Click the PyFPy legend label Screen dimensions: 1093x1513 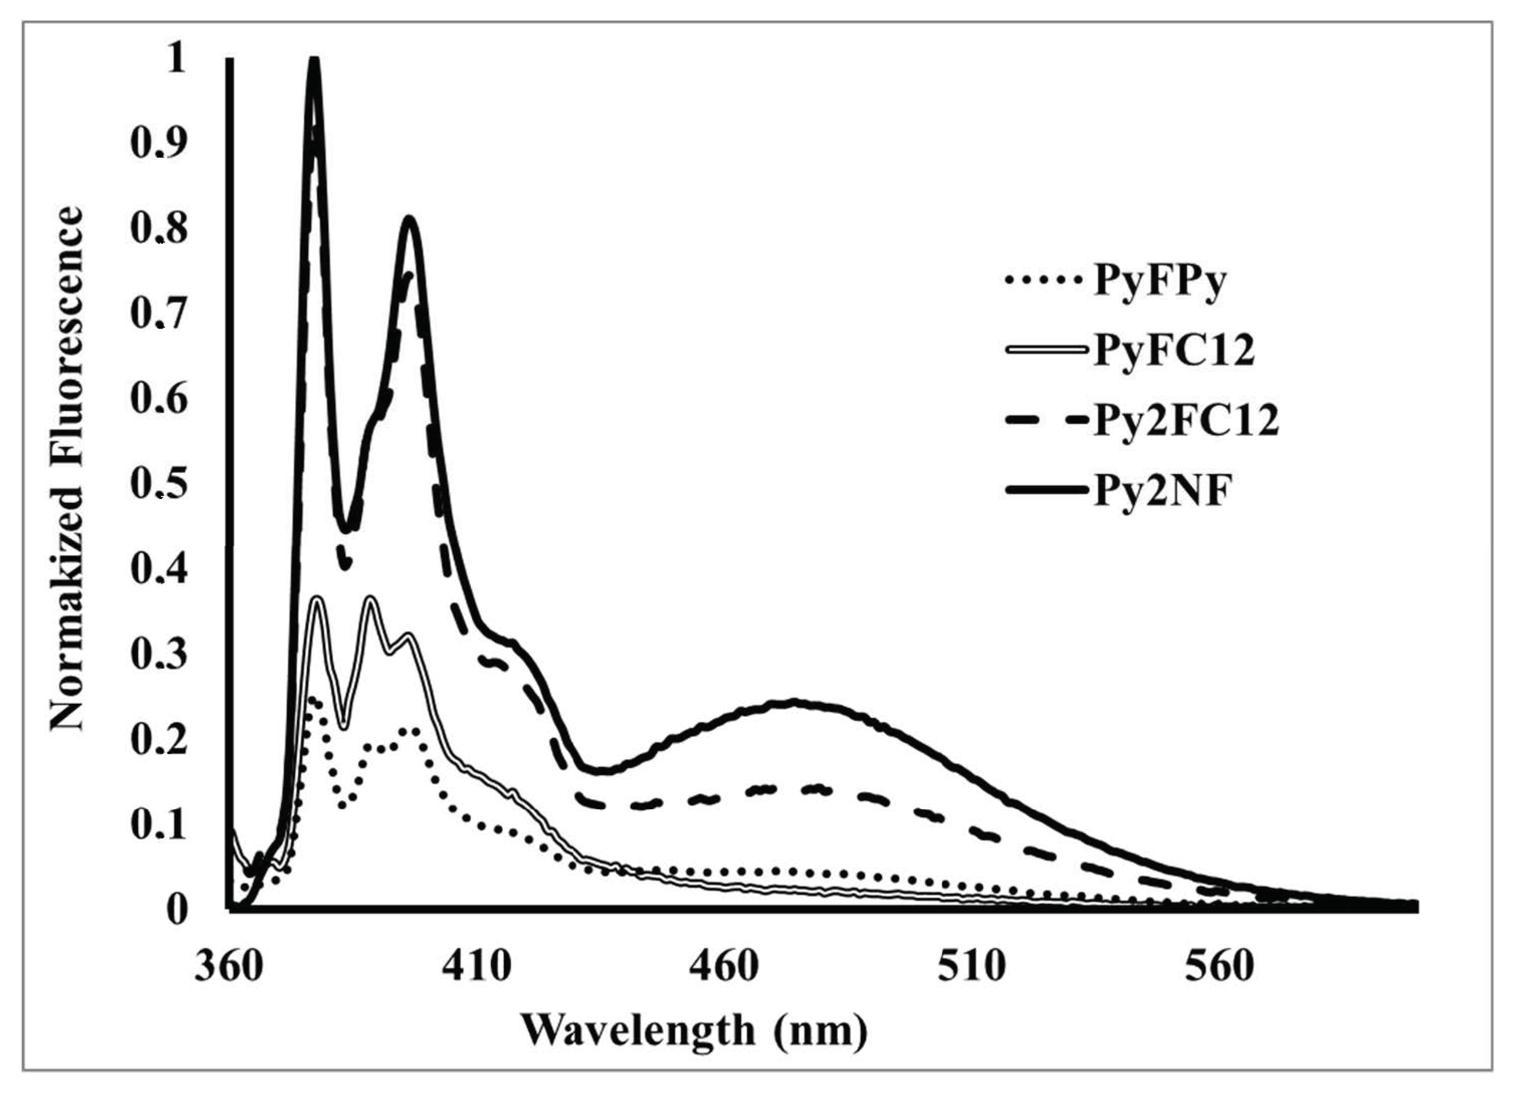click(1159, 283)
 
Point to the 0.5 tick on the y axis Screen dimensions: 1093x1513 click(159, 485)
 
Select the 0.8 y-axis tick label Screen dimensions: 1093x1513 click(159, 230)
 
